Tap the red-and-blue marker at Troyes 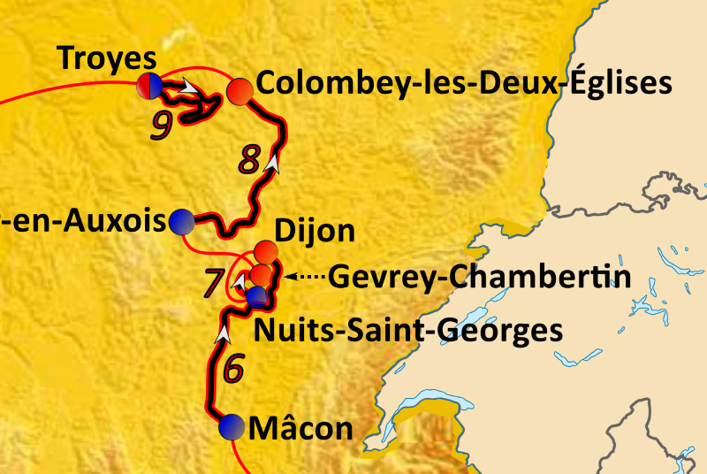click(149, 86)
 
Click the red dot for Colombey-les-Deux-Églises click(239, 91)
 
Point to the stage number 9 click(161, 125)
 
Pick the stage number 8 click(250, 159)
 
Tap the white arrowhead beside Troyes click(189, 87)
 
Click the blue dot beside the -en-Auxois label click(182, 220)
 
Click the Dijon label click(315, 233)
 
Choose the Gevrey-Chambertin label click(480, 277)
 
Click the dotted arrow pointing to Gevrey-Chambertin click(305, 276)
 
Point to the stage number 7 click(215, 282)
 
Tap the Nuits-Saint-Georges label click(407, 331)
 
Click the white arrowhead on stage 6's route click(224, 333)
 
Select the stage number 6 click(232, 368)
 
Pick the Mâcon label click(301, 429)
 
